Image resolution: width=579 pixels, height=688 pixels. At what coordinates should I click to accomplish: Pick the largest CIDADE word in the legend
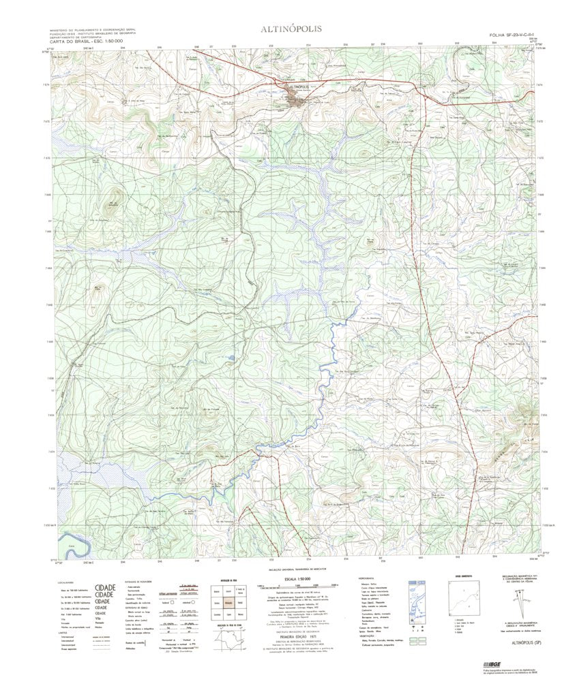click(x=104, y=587)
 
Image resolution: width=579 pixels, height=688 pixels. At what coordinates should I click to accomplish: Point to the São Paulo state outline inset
click(x=230, y=642)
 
